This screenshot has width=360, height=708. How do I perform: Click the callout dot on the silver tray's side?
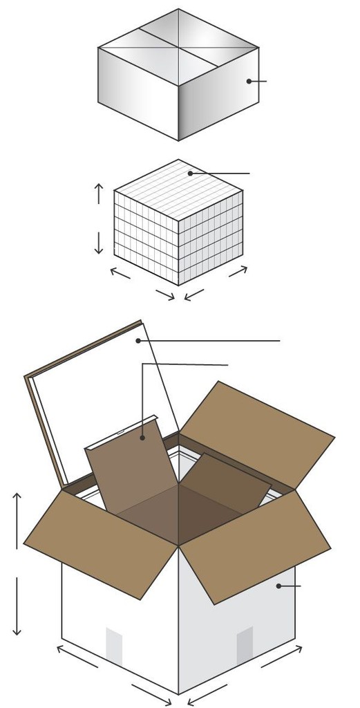pos(249,81)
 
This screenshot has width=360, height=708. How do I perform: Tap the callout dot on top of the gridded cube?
pos(190,173)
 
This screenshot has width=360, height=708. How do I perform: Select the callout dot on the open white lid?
pos(138,341)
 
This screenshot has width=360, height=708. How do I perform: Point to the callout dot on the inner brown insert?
pos(142,437)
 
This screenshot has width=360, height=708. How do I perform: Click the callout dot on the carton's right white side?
pos(278,586)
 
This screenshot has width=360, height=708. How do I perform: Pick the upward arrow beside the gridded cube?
pos(99,193)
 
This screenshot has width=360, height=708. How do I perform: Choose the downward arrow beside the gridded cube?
pos(99,243)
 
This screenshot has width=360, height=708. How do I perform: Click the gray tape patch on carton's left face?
pos(114,647)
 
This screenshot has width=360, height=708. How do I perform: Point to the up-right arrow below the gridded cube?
pos(238,271)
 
